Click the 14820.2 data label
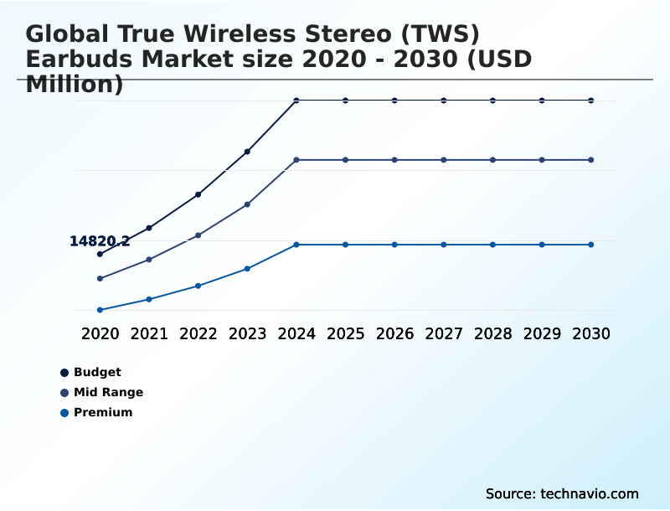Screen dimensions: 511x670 [100, 241]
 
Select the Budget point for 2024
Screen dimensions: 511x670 [296, 101]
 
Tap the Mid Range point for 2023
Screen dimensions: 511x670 [247, 204]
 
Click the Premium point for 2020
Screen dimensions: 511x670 [100, 310]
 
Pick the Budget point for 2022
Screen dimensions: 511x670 [198, 194]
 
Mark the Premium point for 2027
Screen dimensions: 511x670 [444, 245]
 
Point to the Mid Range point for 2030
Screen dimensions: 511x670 [591, 159]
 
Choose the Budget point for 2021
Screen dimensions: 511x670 [149, 228]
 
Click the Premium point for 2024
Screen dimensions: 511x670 [296, 245]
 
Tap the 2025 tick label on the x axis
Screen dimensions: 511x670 [345, 333]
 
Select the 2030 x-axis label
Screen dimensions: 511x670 [591, 333]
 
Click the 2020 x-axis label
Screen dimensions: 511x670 [100, 333]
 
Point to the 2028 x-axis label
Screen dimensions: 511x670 [492, 333]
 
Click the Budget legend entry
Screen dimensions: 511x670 [97, 372]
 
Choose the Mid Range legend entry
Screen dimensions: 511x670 [108, 392]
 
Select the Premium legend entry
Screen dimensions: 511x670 [103, 412]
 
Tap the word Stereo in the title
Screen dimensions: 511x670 [346, 34]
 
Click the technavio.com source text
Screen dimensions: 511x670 [590, 493]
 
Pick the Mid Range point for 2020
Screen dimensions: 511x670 [100, 278]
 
